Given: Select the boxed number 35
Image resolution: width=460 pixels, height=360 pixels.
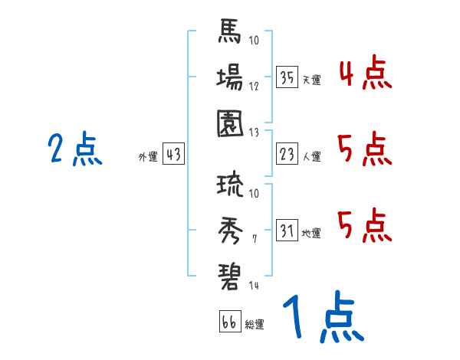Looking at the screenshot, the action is pos(287,77).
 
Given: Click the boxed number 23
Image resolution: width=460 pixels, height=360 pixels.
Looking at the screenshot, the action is pos(287,154).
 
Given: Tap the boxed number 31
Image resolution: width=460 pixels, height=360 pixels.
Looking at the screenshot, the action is pos(287,230).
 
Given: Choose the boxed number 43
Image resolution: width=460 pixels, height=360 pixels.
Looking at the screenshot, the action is pos(173,154).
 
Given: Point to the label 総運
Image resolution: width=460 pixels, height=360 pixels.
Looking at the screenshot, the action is pos(255,325).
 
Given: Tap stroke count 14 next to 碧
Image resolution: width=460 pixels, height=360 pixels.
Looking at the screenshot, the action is pos(254,286).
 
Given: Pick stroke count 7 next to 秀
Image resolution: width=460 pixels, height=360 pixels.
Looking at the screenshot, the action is pos(255,240).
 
